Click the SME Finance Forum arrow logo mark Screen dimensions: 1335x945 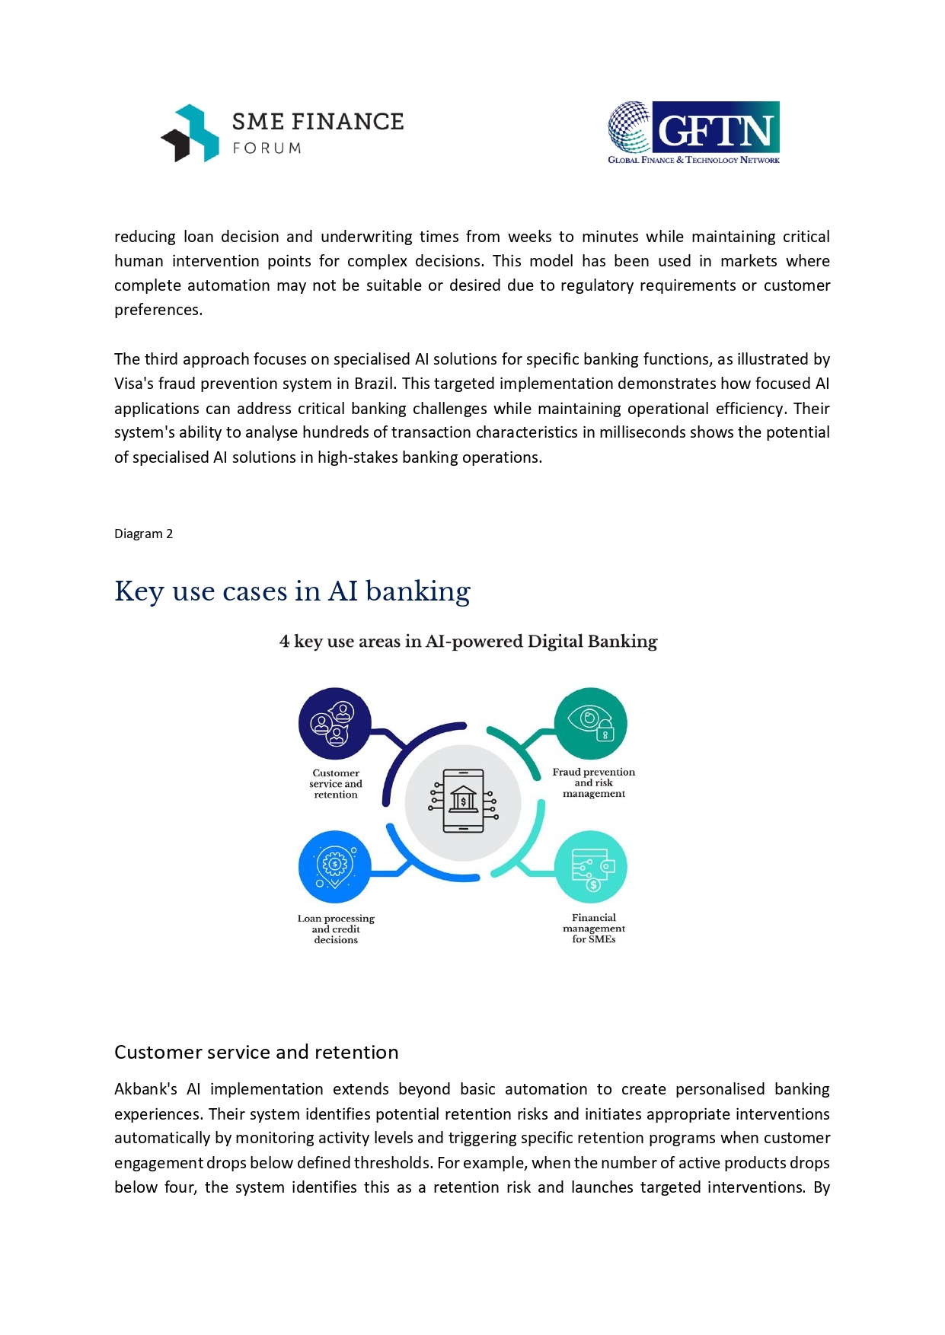point(190,133)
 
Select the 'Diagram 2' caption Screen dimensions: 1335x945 point(143,534)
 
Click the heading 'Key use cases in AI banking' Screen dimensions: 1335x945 point(292,591)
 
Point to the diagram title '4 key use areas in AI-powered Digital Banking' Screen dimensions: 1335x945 point(468,642)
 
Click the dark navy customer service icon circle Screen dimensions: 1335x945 point(335,724)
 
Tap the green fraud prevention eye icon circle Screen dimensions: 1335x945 point(591,724)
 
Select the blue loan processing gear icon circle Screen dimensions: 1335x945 point(335,868)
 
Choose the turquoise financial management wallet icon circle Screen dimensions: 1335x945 point(591,868)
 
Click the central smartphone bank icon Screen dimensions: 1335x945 point(463,802)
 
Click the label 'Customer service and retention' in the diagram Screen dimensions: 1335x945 point(336,784)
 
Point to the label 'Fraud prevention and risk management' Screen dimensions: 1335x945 point(594,782)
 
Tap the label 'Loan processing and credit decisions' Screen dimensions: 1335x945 point(336,929)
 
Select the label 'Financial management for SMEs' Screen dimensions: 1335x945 point(594,929)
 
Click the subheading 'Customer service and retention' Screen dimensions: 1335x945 point(256,1052)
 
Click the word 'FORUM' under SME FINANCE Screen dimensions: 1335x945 point(267,148)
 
